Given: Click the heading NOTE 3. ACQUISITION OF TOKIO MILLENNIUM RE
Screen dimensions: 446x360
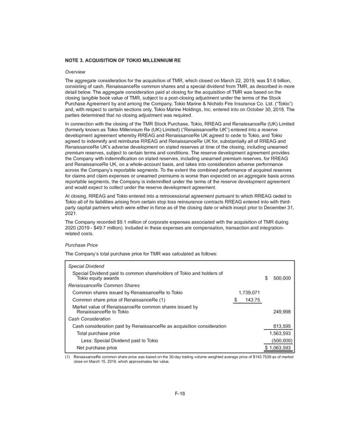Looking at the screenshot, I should (x=122, y=61).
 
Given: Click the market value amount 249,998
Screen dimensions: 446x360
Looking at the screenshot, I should (x=282, y=312).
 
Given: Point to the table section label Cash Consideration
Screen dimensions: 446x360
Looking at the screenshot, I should (x=91, y=319).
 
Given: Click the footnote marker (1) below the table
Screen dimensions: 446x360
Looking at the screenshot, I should (x=68, y=358).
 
